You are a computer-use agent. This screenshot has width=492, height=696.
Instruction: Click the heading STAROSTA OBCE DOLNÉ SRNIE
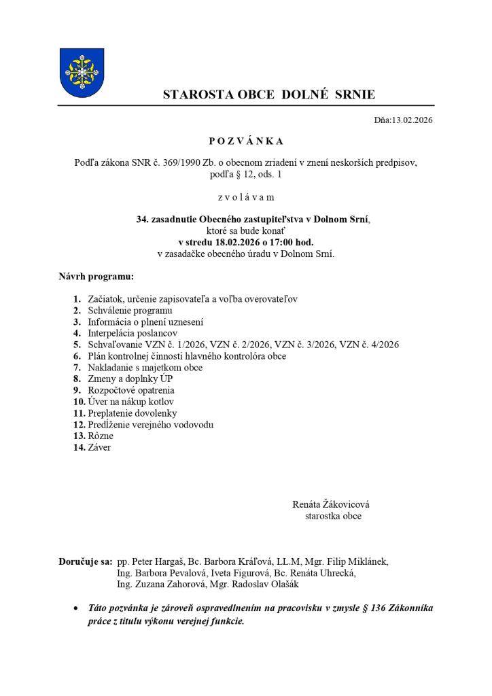point(268,95)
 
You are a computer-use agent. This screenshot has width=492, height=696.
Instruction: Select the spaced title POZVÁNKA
point(246,141)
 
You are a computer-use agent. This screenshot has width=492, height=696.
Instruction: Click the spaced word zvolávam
point(246,197)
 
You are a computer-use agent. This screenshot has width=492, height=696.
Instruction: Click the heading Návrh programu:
point(96,277)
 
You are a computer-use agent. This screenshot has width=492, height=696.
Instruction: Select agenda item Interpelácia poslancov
point(132,334)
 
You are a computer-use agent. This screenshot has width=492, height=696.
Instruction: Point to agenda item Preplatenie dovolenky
point(132,413)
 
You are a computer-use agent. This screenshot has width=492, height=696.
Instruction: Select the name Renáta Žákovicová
point(331,504)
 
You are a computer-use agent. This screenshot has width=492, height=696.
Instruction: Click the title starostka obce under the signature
point(334,516)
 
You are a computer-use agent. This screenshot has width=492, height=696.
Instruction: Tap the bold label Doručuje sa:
point(85,561)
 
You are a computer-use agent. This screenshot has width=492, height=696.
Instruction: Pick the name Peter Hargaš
point(158,561)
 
